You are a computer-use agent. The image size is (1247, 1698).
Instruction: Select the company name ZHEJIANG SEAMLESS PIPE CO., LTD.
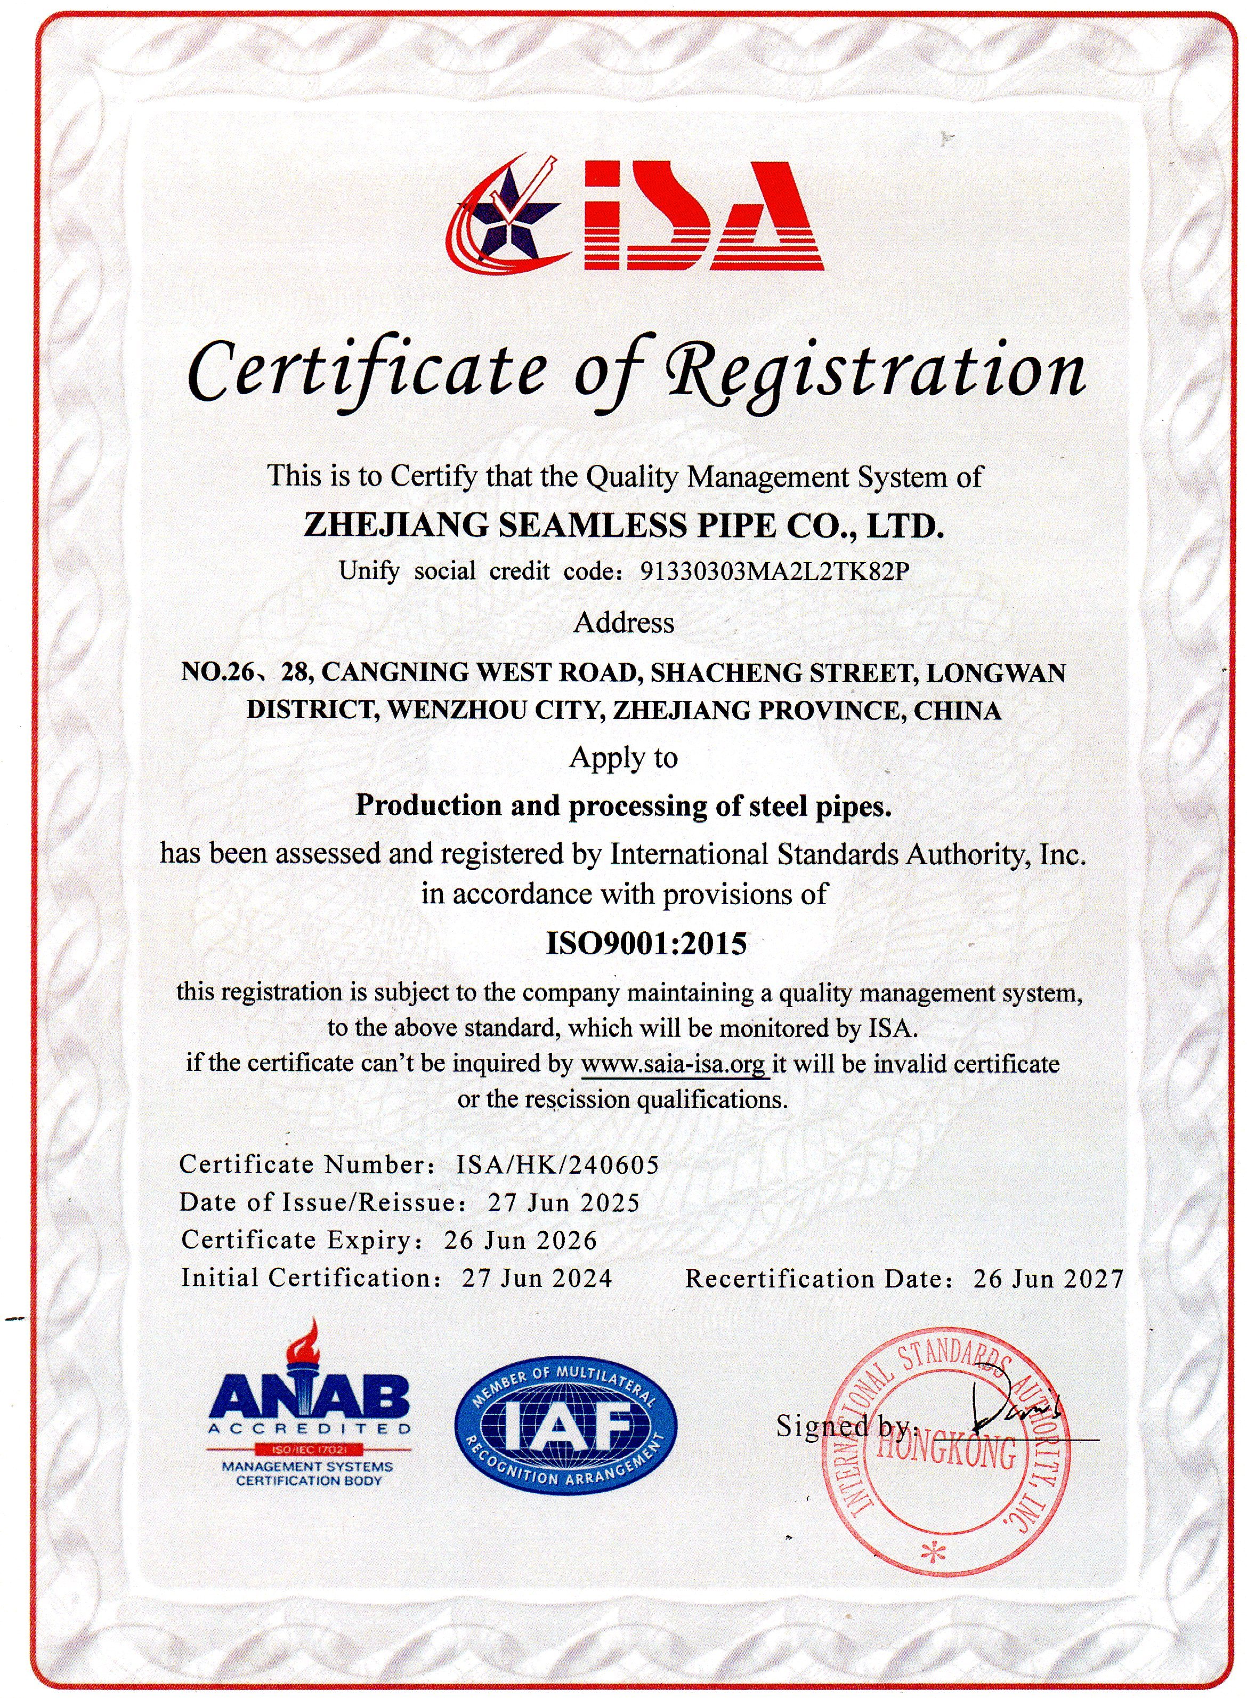pos(623,526)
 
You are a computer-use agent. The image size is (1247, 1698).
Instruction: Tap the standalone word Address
pos(624,623)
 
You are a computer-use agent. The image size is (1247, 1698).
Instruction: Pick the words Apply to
pos(623,757)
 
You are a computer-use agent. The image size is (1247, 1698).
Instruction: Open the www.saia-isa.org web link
pos(674,1065)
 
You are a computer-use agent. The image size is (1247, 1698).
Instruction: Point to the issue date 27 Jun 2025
pos(563,1202)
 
